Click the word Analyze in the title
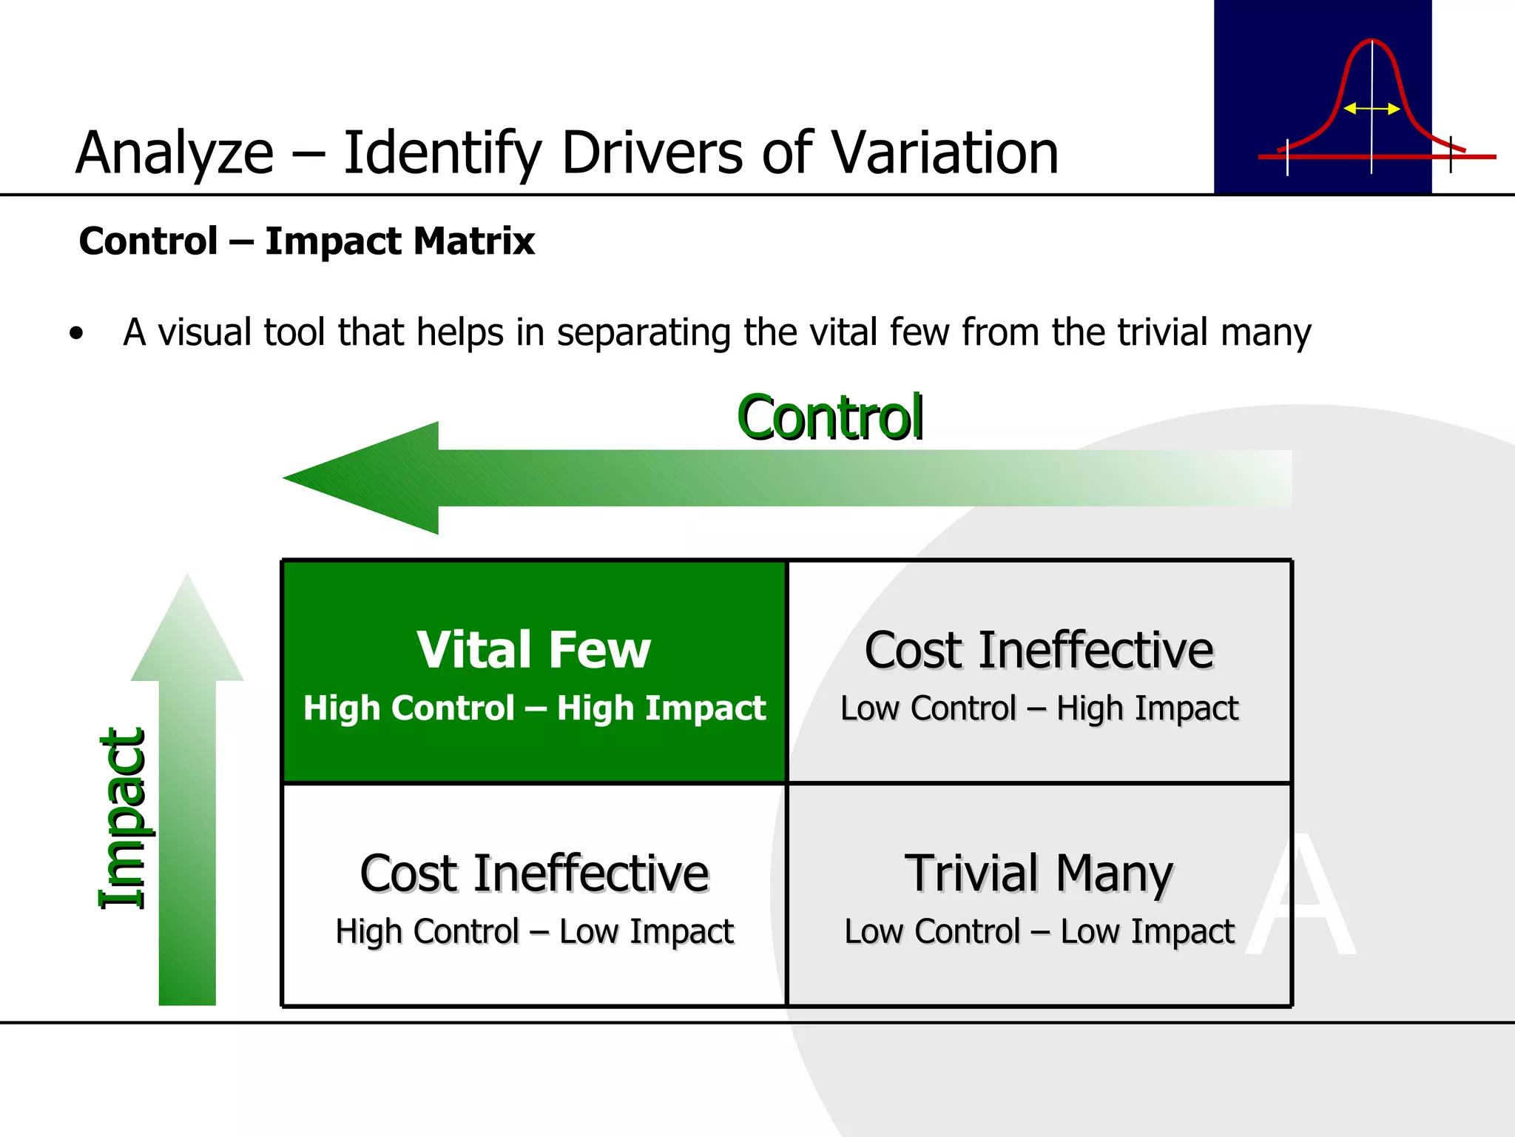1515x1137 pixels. click(x=175, y=154)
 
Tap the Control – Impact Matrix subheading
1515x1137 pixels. click(x=306, y=241)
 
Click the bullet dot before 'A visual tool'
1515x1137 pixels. click(x=76, y=334)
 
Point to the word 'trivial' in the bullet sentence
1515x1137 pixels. click(x=1163, y=332)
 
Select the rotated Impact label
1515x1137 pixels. click(x=123, y=819)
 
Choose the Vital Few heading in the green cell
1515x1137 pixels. click(x=533, y=650)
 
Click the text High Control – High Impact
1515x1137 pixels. click(x=534, y=708)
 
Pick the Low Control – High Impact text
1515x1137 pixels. click(x=1039, y=708)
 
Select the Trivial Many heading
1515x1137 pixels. click(x=1039, y=873)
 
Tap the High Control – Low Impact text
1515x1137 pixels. click(x=534, y=931)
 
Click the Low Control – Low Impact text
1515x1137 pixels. click(x=1039, y=931)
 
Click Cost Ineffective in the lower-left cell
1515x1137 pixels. click(x=534, y=873)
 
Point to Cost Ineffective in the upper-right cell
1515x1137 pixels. click(x=1039, y=650)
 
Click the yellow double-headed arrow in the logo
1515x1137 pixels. click(x=1371, y=109)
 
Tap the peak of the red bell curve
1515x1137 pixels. click(x=1371, y=41)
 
